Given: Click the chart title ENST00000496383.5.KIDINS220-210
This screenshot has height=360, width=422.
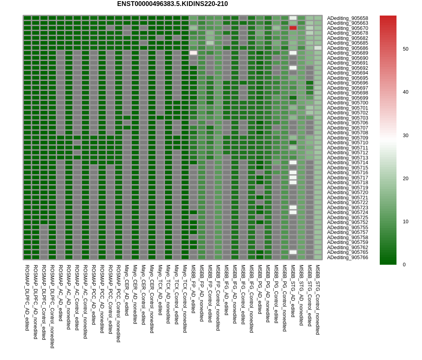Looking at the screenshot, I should pyautogui.click(x=172, y=4).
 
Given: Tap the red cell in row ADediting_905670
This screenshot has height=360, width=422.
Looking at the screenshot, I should pyautogui.click(x=293, y=28).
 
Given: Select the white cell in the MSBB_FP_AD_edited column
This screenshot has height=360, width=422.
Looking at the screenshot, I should pyautogui.click(x=193, y=53).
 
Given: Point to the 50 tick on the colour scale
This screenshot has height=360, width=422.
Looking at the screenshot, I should pyautogui.click(x=405, y=49).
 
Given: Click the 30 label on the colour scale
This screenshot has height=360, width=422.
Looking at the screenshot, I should pyautogui.click(x=405, y=136).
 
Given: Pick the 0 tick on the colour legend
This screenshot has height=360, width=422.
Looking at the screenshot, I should pyautogui.click(x=404, y=264).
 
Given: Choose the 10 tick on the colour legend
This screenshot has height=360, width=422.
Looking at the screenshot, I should pyautogui.click(x=405, y=222).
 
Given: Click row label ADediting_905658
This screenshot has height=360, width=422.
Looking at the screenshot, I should pyautogui.click(x=347, y=18).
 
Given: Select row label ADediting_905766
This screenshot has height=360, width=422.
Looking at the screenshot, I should pyautogui.click(x=347, y=258).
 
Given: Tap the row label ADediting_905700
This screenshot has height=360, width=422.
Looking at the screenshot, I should pyautogui.click(x=347, y=103).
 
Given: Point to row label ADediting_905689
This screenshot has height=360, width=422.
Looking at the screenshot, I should pyautogui.click(x=347, y=53).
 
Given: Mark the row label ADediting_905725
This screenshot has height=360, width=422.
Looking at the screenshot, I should pyautogui.click(x=347, y=218).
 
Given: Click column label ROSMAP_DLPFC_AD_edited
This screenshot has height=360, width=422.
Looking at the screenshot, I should pyautogui.click(x=27, y=297).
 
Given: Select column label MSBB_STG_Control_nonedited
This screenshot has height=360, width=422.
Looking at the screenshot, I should pyautogui.click(x=318, y=299).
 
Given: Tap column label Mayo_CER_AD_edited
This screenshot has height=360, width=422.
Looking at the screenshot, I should pyautogui.click(x=127, y=290).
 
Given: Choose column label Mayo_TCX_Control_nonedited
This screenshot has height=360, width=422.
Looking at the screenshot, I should pyautogui.click(x=185, y=299).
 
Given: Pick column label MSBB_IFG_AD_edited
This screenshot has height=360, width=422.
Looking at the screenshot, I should pyautogui.click(x=226, y=290).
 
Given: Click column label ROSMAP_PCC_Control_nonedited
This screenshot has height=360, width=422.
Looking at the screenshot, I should pyautogui.click(x=118, y=303).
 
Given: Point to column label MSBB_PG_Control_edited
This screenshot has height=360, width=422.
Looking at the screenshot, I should pyautogui.click(x=276, y=294).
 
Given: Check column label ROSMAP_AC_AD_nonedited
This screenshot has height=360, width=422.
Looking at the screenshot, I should pyautogui.click(x=69, y=297).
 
